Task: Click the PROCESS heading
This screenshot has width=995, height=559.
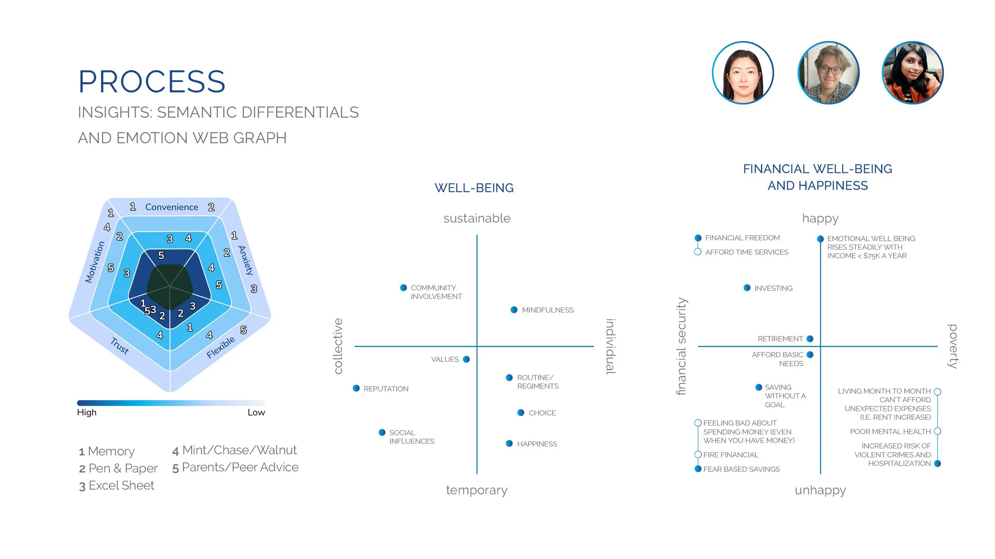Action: [x=152, y=82]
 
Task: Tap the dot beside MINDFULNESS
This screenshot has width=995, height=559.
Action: [x=514, y=310]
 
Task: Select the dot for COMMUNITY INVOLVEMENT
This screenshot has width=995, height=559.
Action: [x=403, y=287]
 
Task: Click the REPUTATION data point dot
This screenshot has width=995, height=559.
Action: [x=356, y=388]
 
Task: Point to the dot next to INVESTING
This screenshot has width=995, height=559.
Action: [x=747, y=287]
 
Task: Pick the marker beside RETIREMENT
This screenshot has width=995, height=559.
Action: [x=810, y=339]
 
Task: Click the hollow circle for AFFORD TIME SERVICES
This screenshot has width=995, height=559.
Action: [x=698, y=252]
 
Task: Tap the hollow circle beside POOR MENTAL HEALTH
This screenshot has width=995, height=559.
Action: [x=937, y=431]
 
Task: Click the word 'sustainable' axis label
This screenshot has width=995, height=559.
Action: [x=477, y=218]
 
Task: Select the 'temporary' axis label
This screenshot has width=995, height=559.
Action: [x=477, y=490]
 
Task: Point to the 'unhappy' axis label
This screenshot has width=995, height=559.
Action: [x=820, y=490]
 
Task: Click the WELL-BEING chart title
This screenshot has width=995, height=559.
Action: [x=474, y=188]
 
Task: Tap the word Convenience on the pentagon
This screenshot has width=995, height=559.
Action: [x=172, y=207]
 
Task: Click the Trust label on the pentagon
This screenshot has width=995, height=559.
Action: [x=119, y=345]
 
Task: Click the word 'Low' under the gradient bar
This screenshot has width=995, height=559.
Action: [x=256, y=412]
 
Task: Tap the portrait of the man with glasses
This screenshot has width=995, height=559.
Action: [x=828, y=73]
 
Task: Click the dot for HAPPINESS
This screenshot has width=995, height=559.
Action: [x=509, y=443]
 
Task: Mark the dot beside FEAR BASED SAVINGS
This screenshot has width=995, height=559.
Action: [x=698, y=469]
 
